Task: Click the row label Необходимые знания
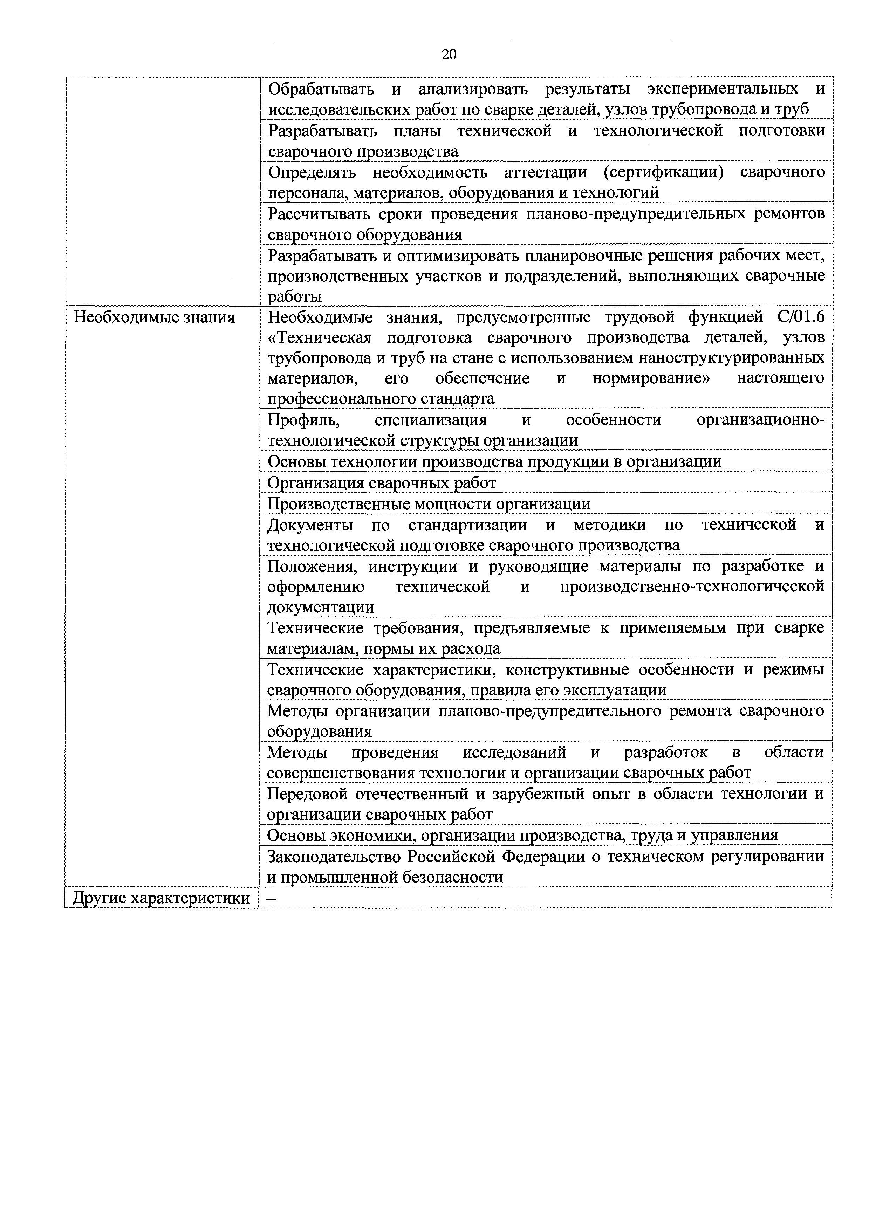(x=154, y=317)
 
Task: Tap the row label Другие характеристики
(x=161, y=898)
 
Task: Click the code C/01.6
(x=801, y=317)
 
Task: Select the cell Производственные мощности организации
(x=429, y=503)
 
